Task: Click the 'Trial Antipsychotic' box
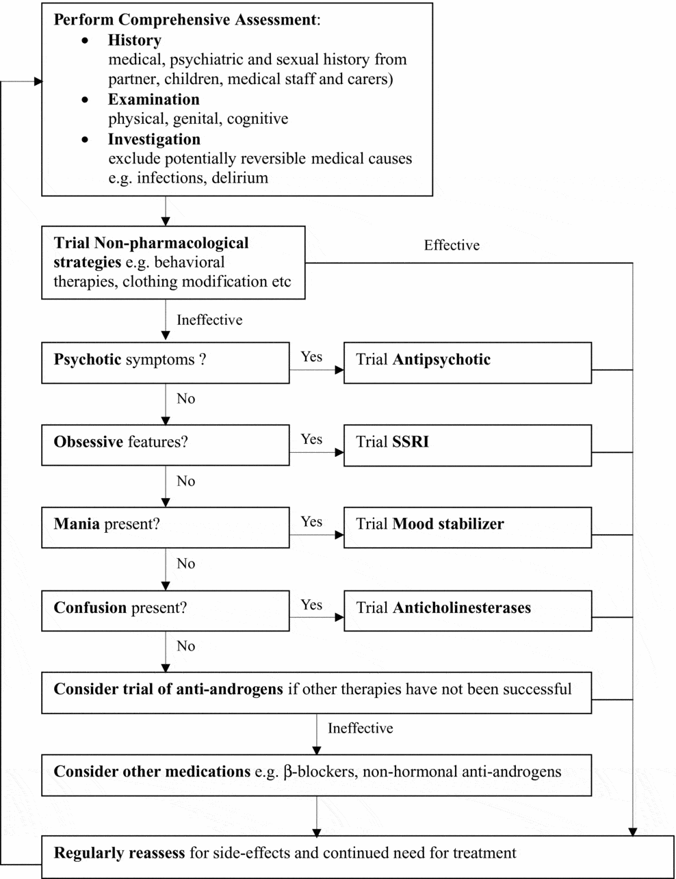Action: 467,362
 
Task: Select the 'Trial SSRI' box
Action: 467,445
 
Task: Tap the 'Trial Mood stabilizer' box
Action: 467,527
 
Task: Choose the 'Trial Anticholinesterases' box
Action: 467,610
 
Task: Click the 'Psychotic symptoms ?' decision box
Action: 165,362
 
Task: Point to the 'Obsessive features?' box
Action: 165,445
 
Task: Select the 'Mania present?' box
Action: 165,527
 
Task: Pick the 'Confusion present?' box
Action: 165,610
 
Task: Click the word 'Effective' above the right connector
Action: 452,246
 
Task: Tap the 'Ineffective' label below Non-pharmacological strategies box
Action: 209,320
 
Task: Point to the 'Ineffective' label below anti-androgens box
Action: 360,729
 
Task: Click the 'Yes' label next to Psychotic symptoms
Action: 311,356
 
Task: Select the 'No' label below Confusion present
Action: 185,646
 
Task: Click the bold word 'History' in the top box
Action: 135,40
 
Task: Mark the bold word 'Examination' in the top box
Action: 153,100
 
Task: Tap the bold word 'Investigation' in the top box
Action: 154,140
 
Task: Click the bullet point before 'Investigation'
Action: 85,140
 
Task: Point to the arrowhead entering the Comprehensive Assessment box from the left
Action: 38,81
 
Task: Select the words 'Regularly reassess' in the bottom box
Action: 120,854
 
